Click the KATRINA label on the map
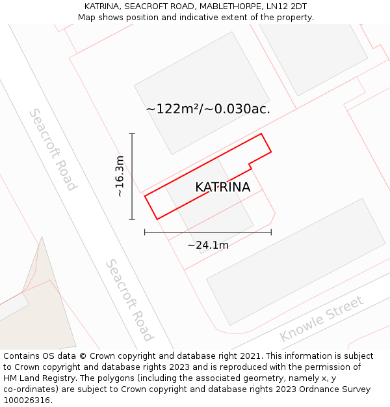point(222,188)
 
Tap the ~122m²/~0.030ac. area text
point(208,109)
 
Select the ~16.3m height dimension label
point(120,176)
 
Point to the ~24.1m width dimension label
point(208,246)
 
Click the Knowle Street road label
point(321,319)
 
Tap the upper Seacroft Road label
point(53,149)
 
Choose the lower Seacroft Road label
point(129,300)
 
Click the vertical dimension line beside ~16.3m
point(132,176)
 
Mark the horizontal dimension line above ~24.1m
point(208,232)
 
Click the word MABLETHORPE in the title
point(231,7)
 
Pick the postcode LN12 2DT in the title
point(286,7)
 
